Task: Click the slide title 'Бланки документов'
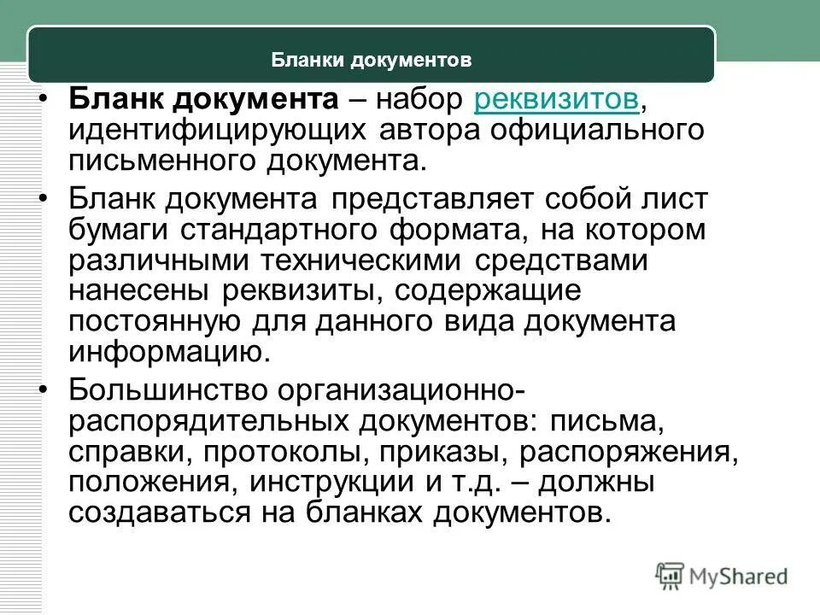372,61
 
